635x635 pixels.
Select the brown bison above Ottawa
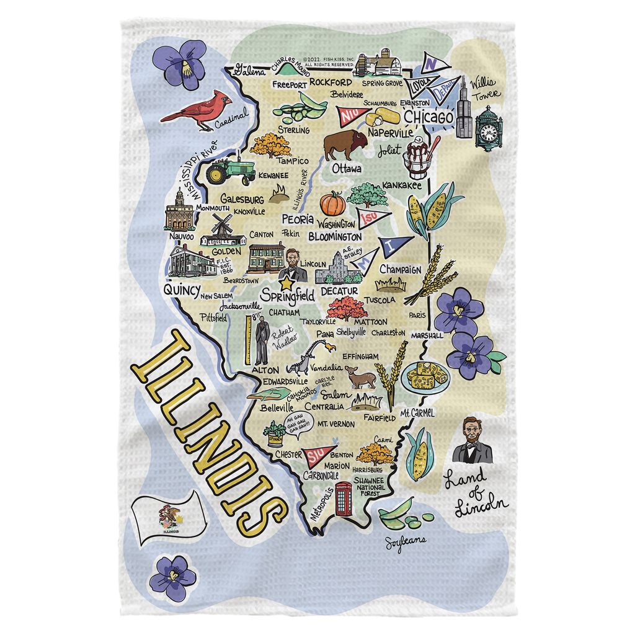point(345,144)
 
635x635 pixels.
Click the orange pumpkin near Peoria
point(332,203)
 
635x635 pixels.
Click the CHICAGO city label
point(429,117)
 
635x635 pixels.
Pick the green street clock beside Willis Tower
point(489,127)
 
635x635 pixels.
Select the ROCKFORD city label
point(331,82)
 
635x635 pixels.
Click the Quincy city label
point(181,290)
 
